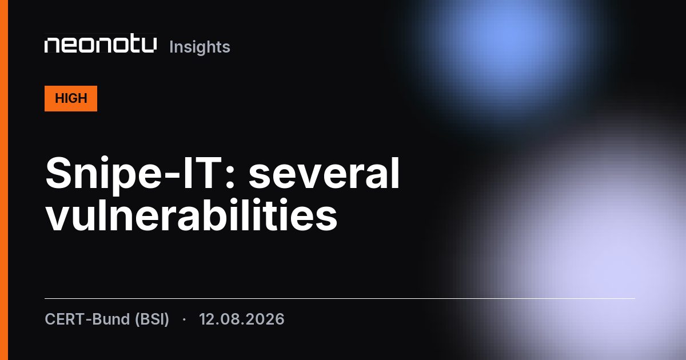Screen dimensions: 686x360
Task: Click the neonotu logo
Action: [x=101, y=45]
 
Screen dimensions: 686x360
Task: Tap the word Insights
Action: [x=200, y=47]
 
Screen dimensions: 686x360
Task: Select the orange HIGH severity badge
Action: [x=71, y=98]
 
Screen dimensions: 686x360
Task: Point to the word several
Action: [x=324, y=173]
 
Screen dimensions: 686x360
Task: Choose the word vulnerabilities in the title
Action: [x=192, y=215]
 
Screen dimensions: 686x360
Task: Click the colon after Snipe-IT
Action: [x=230, y=178]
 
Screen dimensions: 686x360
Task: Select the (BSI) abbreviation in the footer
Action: [x=152, y=319]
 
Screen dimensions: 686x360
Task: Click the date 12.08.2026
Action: [x=242, y=319]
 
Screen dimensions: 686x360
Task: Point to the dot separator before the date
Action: [x=184, y=319]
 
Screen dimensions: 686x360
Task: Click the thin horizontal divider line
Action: [x=340, y=298]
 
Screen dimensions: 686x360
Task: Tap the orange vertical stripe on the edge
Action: [x=4, y=180]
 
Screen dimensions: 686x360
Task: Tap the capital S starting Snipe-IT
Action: [x=58, y=173]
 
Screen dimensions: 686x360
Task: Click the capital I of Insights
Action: [x=171, y=47]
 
